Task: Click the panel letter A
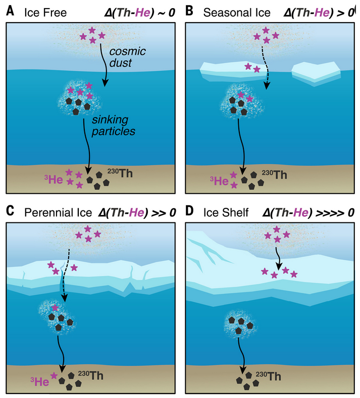(10, 10)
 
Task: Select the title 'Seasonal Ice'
(233, 10)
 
